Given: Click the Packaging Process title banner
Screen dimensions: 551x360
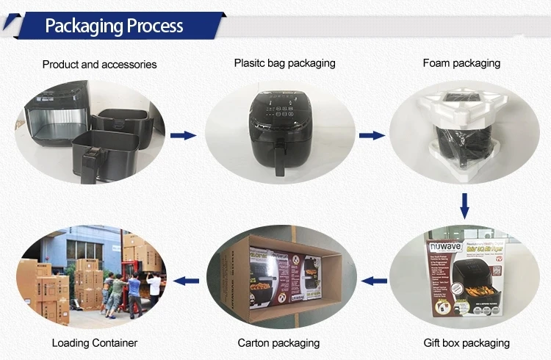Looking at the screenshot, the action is coord(114,26).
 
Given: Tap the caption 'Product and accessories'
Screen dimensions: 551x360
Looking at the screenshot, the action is coord(99,65).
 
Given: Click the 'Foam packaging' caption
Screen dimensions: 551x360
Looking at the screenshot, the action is coord(461,63).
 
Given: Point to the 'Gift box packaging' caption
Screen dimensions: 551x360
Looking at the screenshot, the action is coord(467,343).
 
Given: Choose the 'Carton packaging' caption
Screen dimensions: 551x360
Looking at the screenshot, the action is coord(278,343).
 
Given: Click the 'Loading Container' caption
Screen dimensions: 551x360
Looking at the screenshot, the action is coord(95,343).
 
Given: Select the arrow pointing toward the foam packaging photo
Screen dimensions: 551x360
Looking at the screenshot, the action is coord(375,135).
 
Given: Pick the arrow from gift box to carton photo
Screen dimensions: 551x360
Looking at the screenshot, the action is coord(375,280).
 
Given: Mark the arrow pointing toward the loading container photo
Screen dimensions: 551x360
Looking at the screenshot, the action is coord(189,280).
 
